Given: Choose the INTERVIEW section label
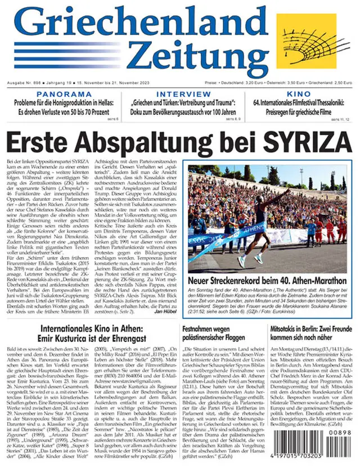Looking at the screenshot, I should pos(179,94).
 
